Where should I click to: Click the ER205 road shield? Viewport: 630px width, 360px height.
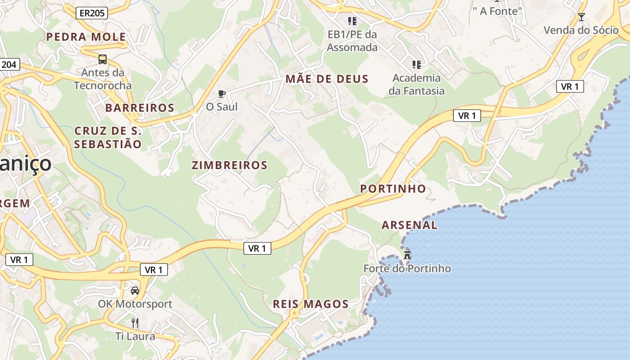pyautogui.click(x=91, y=13)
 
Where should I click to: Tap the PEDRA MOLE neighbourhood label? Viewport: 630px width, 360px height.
pyautogui.click(x=86, y=37)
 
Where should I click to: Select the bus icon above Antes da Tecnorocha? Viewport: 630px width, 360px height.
pyautogui.click(x=103, y=59)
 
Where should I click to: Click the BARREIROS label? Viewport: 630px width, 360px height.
pyautogui.click(x=139, y=108)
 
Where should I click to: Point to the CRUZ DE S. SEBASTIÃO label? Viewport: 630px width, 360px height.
pyautogui.click(x=108, y=138)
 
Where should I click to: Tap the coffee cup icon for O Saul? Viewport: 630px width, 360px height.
pyautogui.click(x=221, y=94)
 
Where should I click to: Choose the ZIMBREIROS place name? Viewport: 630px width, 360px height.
pyautogui.click(x=229, y=165)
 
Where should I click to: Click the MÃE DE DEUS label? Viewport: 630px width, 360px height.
pyautogui.click(x=327, y=80)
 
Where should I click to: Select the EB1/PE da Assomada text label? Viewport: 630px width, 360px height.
pyautogui.click(x=352, y=40)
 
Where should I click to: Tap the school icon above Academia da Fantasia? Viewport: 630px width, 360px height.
pyautogui.click(x=417, y=65)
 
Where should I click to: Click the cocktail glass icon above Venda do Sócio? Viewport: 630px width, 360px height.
pyautogui.click(x=581, y=17)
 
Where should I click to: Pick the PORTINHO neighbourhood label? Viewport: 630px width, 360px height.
pyautogui.click(x=393, y=189)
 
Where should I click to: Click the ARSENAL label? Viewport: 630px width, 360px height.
pyautogui.click(x=409, y=225)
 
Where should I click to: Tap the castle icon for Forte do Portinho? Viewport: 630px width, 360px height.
pyautogui.click(x=407, y=255)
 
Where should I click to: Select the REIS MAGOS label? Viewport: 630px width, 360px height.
pyautogui.click(x=310, y=304)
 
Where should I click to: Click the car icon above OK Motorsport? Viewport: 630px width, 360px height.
pyautogui.click(x=135, y=291)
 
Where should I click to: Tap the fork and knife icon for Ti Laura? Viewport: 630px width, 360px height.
pyautogui.click(x=135, y=323)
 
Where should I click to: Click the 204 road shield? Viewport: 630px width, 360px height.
pyautogui.click(x=9, y=65)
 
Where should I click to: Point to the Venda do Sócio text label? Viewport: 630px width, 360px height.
pyautogui.click(x=581, y=30)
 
